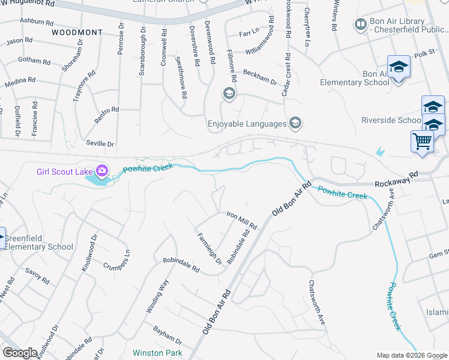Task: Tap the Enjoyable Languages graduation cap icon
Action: coord(295,124)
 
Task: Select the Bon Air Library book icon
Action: coord(361,25)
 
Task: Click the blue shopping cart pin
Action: coord(423,142)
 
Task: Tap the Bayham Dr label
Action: coord(167,331)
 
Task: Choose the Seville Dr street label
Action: coord(101,144)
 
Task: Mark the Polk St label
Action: coord(423,55)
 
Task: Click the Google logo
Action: coord(20,353)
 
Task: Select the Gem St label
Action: coord(439,254)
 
